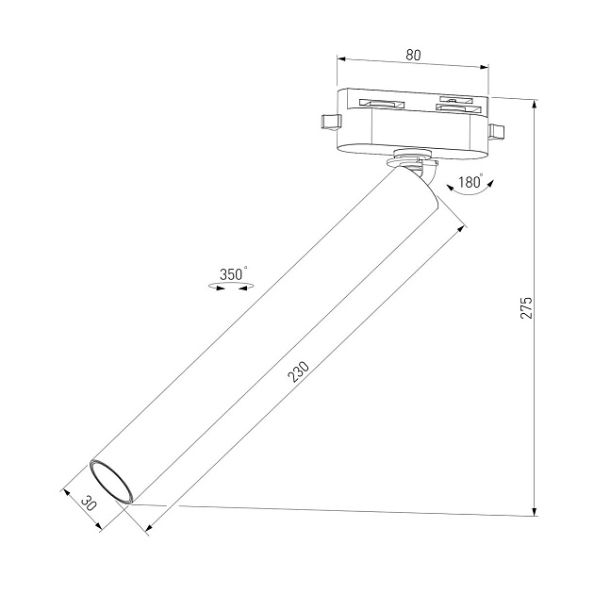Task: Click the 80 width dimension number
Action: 412,54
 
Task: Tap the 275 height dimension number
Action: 527,307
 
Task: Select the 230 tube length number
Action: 298,374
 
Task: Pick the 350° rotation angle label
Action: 233,273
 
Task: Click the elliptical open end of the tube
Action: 112,481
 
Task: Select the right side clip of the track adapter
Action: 497,129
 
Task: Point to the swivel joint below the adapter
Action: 412,161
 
